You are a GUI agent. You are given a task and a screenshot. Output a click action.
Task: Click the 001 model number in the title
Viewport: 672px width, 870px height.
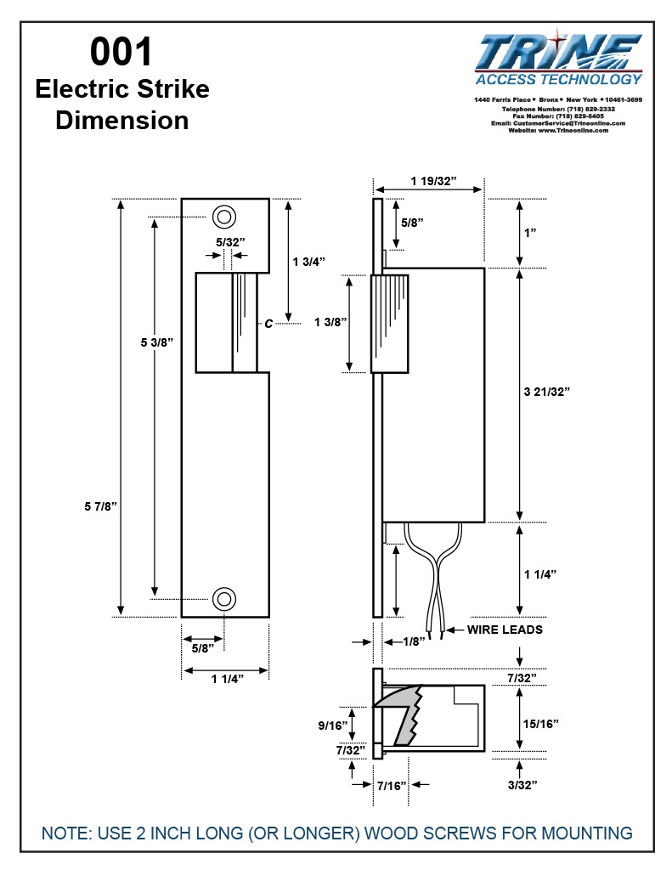coord(121,53)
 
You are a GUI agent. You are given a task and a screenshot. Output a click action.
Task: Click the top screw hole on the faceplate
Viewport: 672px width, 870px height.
coord(224,217)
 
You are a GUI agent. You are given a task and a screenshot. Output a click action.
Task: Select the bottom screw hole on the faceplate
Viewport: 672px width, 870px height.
coord(224,598)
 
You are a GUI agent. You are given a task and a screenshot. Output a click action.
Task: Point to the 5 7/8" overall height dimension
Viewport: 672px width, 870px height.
coord(100,506)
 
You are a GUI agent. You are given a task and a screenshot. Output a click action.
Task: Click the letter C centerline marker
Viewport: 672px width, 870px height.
coord(268,323)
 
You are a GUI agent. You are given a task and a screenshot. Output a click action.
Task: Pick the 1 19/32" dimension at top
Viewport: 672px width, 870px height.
coord(433,181)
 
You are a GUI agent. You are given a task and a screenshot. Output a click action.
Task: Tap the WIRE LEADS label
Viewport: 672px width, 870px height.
coord(505,630)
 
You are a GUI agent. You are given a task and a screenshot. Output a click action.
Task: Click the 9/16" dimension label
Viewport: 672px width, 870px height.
coord(334,726)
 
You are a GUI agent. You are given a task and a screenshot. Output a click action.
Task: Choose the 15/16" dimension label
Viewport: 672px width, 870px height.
coord(540,723)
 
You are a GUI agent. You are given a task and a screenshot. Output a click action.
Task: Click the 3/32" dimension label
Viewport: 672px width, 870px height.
coord(522,785)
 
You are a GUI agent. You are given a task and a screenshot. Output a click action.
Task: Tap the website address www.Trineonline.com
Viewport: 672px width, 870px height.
coord(574,130)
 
